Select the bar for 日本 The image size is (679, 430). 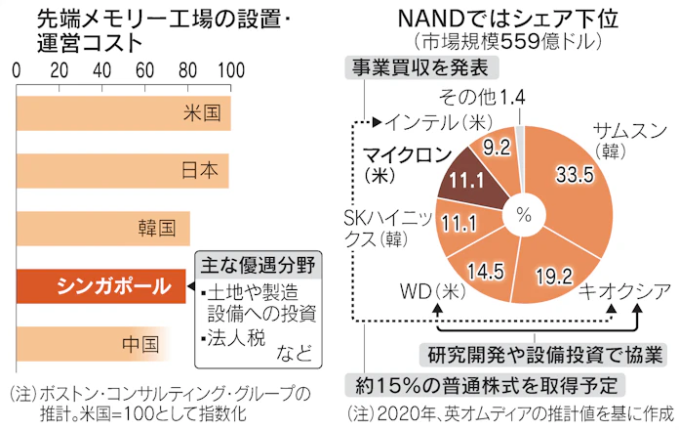pos(122,169)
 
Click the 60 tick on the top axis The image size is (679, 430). pos(145,70)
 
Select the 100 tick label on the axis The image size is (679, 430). pos(230,70)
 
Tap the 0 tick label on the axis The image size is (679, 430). pos(17,70)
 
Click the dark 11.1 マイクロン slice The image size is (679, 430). pos(469,180)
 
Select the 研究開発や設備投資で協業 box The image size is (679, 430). pos(539,352)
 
